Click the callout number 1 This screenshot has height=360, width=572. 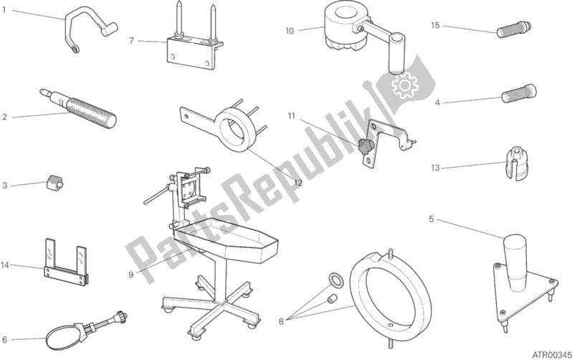coord(4,10)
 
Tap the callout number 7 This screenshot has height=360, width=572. coord(132,41)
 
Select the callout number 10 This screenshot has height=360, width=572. coord(290,31)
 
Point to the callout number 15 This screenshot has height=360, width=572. coord(435,26)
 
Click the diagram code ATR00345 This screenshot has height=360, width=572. coord(552,354)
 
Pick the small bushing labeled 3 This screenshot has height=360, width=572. coord(54,181)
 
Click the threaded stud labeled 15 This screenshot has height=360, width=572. coord(514,29)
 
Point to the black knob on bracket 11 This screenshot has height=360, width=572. coord(364,146)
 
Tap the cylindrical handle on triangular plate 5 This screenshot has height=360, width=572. coord(515,263)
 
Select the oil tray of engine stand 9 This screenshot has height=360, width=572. coord(227,239)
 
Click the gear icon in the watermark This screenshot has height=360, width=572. coord(404,85)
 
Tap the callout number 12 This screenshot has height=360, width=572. coord(298,183)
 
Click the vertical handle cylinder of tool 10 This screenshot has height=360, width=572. coord(397,54)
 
